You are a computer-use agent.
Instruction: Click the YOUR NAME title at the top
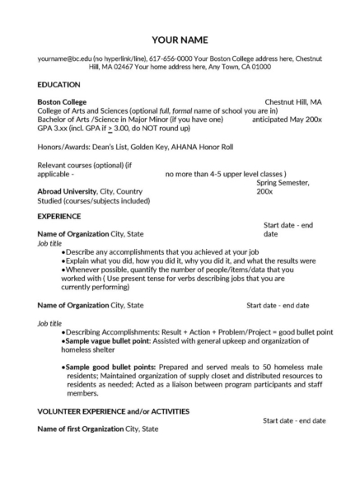(x=180, y=40)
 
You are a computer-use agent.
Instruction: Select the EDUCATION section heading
(x=58, y=85)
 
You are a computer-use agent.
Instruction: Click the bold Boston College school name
(x=63, y=101)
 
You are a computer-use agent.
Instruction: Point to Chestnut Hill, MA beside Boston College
(x=292, y=101)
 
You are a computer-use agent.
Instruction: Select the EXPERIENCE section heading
(x=59, y=216)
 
